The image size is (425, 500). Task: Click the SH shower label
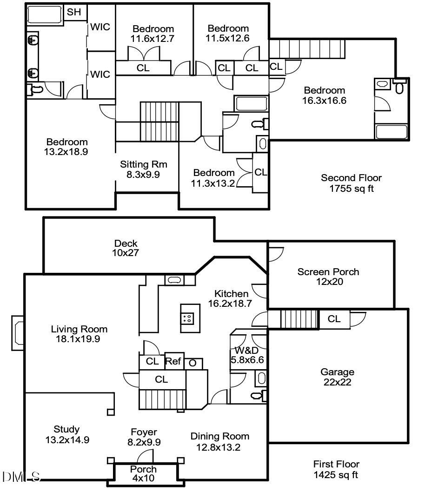(74, 12)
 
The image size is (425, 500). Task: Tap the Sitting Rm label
(144, 164)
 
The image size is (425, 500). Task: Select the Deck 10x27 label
(126, 248)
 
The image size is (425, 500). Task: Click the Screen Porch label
(328, 272)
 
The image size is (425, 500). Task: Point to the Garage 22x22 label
(338, 377)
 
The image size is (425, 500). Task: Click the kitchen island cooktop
(187, 318)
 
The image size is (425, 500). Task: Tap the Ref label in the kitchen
(173, 361)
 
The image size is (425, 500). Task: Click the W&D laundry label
(246, 351)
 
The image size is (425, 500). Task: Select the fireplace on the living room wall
(18, 333)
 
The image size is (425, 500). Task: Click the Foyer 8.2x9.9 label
(144, 437)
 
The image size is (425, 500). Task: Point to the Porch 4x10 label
(143, 473)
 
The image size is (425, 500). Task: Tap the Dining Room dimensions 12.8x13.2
(218, 447)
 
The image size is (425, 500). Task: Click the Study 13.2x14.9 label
(67, 435)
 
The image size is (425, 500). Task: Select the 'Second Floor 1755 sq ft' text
(351, 183)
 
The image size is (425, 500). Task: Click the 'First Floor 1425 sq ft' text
(336, 469)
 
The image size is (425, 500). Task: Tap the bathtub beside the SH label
(45, 15)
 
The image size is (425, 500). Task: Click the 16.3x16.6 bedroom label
(324, 95)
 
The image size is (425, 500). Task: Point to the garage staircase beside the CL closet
(299, 319)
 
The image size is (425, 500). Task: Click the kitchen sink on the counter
(174, 280)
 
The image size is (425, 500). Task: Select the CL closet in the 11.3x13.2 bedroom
(260, 173)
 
